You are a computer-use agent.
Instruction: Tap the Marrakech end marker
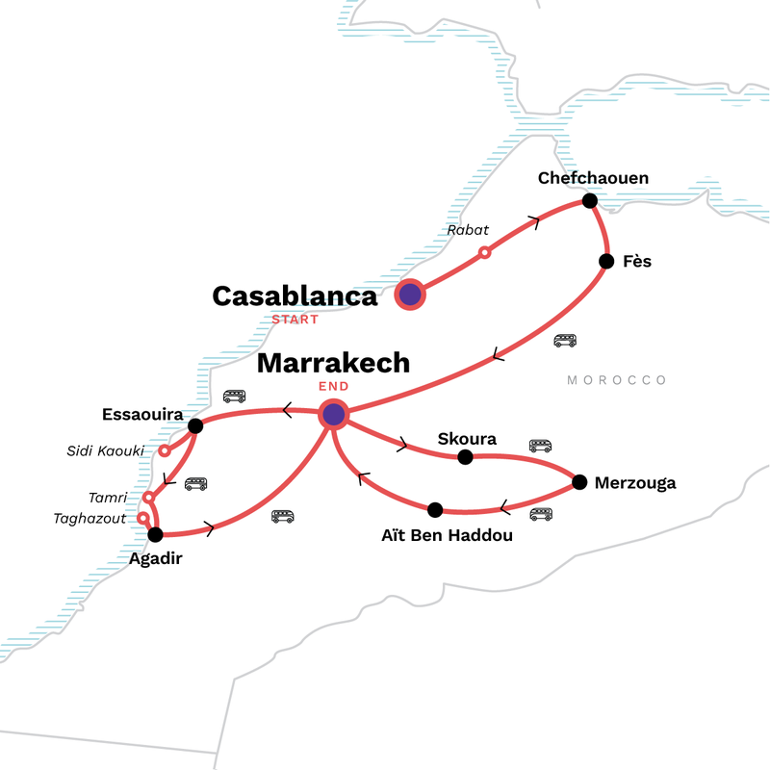333,415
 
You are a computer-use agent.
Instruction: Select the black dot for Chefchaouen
590,200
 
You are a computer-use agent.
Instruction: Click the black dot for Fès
606,261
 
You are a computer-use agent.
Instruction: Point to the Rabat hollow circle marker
485,252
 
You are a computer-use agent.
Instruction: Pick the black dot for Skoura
465,457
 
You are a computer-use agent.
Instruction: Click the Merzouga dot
579,482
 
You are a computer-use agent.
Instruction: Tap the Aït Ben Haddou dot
435,509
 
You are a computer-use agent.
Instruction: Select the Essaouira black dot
195,425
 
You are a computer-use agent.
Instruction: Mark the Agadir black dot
155,534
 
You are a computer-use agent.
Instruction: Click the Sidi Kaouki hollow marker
165,450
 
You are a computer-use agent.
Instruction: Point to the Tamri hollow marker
148,498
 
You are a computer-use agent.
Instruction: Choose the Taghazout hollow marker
142,518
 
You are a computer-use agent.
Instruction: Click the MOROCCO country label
617,380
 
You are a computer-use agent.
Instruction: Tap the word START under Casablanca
293,319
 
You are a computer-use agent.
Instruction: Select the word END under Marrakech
333,386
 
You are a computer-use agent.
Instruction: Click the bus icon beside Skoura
540,446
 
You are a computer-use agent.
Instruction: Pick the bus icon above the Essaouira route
234,396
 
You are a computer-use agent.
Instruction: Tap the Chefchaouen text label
593,178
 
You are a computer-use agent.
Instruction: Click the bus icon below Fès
565,341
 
